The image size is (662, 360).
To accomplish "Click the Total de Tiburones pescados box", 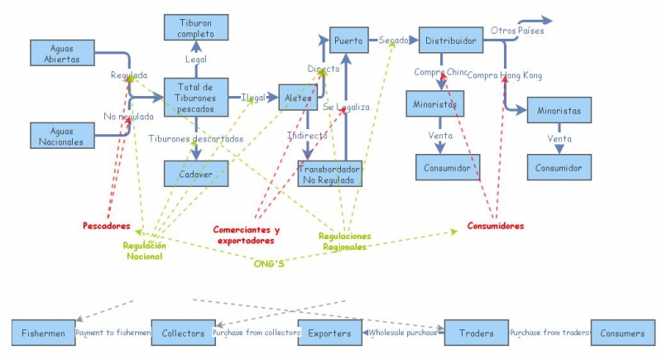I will coord(196,98).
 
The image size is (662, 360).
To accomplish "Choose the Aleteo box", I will coord(299,98).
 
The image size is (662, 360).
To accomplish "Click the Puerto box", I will coord(348,39).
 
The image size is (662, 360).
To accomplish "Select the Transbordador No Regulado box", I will coord(329,173).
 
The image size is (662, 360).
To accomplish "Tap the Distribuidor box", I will coord(450,40).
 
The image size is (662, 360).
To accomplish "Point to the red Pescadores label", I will coord(107,225).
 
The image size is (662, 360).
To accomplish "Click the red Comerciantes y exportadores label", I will coord(246,235).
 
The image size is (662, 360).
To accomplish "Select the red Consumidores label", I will coord(495,225).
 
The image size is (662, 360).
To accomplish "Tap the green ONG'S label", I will coord(270,264).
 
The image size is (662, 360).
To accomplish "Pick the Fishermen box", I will coord(43,333).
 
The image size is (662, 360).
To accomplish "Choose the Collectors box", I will coord(182,333).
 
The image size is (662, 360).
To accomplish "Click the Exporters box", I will coord(329,333).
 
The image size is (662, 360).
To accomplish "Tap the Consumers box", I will coord(622,333).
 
